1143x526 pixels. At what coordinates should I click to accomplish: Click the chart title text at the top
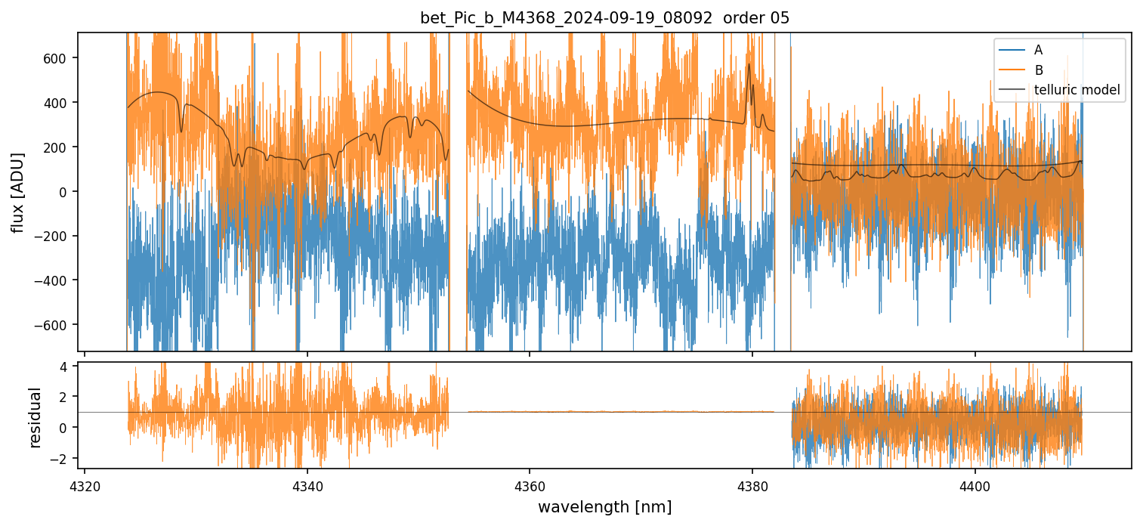point(604,18)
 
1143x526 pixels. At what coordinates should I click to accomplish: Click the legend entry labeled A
point(1038,50)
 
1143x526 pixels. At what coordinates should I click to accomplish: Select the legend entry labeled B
point(1038,70)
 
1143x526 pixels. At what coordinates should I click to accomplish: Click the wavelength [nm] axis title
point(604,506)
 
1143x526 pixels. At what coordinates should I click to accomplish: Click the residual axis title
point(35,416)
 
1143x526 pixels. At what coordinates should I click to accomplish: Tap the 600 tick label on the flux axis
point(57,58)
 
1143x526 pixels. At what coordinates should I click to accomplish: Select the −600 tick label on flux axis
point(54,325)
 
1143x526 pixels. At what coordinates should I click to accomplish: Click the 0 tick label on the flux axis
point(64,192)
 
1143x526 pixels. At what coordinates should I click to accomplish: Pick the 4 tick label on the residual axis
point(64,366)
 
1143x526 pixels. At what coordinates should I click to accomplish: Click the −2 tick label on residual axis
point(60,458)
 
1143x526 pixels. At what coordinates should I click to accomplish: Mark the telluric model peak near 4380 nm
point(749,64)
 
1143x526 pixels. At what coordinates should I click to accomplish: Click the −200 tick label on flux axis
point(54,236)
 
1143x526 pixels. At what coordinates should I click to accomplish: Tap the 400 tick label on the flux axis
point(57,103)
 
